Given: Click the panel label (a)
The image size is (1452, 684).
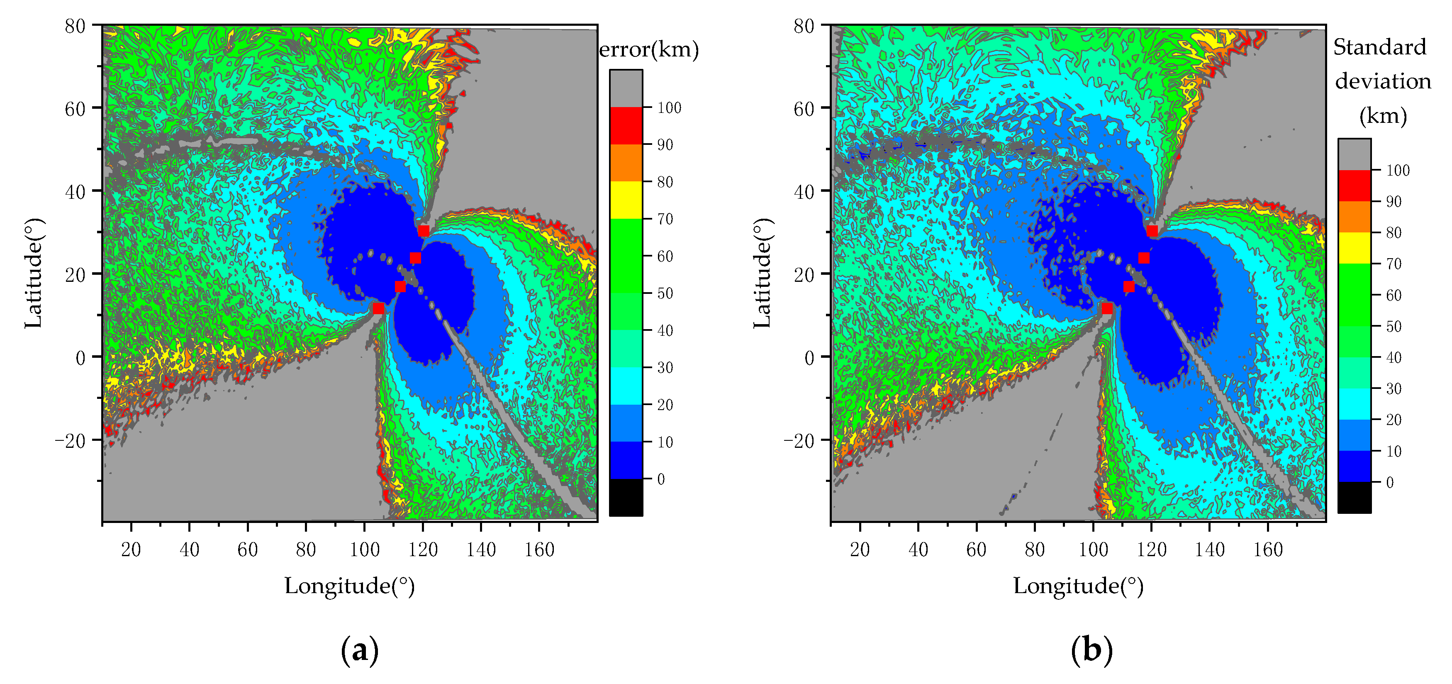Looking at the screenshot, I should pyautogui.click(x=360, y=650).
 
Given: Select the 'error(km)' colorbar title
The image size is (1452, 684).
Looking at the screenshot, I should pyautogui.click(x=649, y=50).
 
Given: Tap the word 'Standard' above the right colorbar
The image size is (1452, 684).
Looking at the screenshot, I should pyautogui.click(x=1379, y=47).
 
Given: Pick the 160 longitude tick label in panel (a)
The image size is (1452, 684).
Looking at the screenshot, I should pyautogui.click(x=539, y=549).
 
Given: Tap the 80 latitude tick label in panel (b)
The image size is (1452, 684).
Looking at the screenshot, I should pyautogui.click(x=804, y=26).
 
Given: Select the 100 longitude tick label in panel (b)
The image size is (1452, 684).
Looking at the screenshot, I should pyautogui.click(x=1093, y=549).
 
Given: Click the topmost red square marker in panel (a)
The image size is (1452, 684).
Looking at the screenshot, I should pyautogui.click(x=423, y=231).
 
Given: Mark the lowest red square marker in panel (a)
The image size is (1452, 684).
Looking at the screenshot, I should pyautogui.click(x=378, y=308).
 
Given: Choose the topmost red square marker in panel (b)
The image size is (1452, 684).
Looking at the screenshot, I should pyautogui.click(x=1152, y=231).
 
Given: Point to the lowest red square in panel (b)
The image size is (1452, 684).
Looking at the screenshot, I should pyautogui.click(x=1107, y=308).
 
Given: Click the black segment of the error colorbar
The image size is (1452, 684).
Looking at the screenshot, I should pyautogui.click(x=626, y=497).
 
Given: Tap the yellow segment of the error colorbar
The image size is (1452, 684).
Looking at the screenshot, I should pyautogui.click(x=626, y=200).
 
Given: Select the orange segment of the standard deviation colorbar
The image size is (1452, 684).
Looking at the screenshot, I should pyautogui.click(x=1355, y=217).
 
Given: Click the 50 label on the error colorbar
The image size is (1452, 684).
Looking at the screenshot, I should pyautogui.click(x=665, y=293).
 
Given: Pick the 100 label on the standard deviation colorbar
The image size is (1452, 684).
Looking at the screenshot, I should pyautogui.click(x=1398, y=170).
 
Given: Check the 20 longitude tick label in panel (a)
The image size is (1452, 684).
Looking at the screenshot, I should pyautogui.click(x=131, y=549).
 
